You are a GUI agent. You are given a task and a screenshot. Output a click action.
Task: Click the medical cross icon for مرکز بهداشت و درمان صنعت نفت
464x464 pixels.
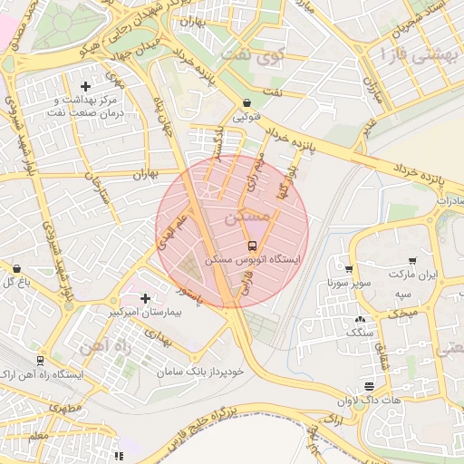pyautogui.click(x=85, y=86)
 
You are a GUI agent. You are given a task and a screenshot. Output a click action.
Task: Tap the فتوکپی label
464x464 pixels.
pyautogui.click(x=246, y=118)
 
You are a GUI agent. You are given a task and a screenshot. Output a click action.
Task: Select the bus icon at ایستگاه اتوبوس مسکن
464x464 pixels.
pyautogui.click(x=251, y=246)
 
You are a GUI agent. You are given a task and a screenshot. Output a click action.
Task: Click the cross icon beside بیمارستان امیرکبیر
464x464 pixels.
pyautogui.click(x=145, y=297)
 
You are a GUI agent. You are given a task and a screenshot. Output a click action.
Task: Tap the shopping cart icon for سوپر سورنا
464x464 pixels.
pyautogui.click(x=348, y=268)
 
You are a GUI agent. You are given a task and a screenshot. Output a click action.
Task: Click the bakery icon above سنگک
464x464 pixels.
pyautogui.click(x=361, y=319)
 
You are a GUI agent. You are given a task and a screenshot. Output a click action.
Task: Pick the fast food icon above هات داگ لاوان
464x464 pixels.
pyautogui.click(x=368, y=385)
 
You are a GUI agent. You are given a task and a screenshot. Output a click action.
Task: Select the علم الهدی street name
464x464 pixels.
pyautogui.click(x=172, y=232)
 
